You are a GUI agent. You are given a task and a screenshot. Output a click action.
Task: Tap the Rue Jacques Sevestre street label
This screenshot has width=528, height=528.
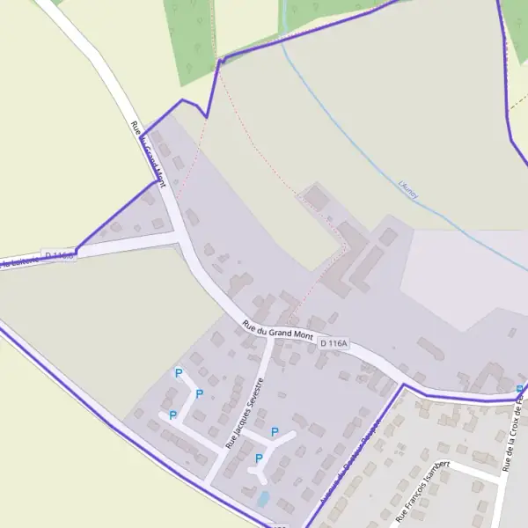pos(246,414)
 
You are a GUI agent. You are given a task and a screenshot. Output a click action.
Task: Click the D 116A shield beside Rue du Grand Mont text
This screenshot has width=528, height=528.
pos(334,342)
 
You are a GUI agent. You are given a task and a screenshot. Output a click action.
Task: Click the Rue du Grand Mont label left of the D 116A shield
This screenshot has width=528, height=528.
pos(278,332)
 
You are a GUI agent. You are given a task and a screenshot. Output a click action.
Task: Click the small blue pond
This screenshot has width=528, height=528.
pos(263,498)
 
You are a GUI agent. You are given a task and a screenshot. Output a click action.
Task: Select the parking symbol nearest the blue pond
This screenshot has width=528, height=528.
pos(259,458)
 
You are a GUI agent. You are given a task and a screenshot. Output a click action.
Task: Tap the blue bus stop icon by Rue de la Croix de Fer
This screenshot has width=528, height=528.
pos(519,388)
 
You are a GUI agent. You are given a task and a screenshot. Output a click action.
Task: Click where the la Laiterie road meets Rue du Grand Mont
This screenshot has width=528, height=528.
pos(179,236)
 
